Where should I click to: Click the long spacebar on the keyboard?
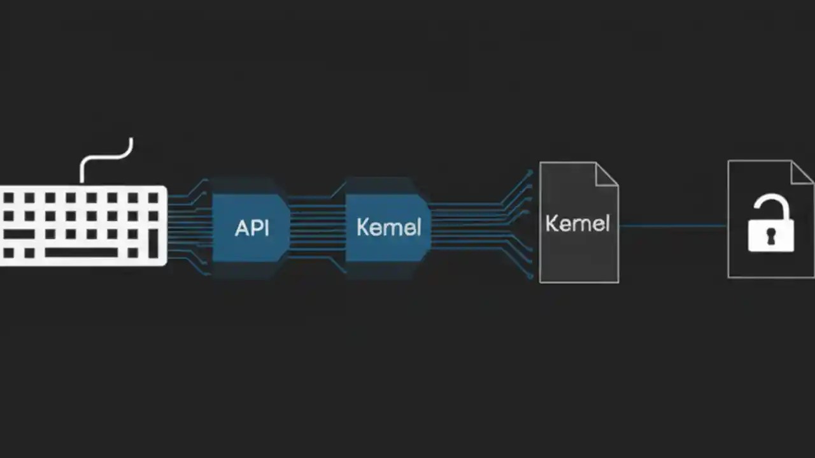[x=81, y=253]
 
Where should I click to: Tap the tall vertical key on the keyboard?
[x=153, y=244]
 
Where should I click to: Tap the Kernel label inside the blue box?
[x=388, y=227]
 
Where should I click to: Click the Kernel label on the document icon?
[x=578, y=223]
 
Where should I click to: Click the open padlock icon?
[x=770, y=223]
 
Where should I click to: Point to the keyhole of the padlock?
[x=770, y=237]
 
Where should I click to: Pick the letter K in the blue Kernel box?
[x=362, y=227]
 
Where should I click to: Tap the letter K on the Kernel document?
[x=551, y=223]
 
